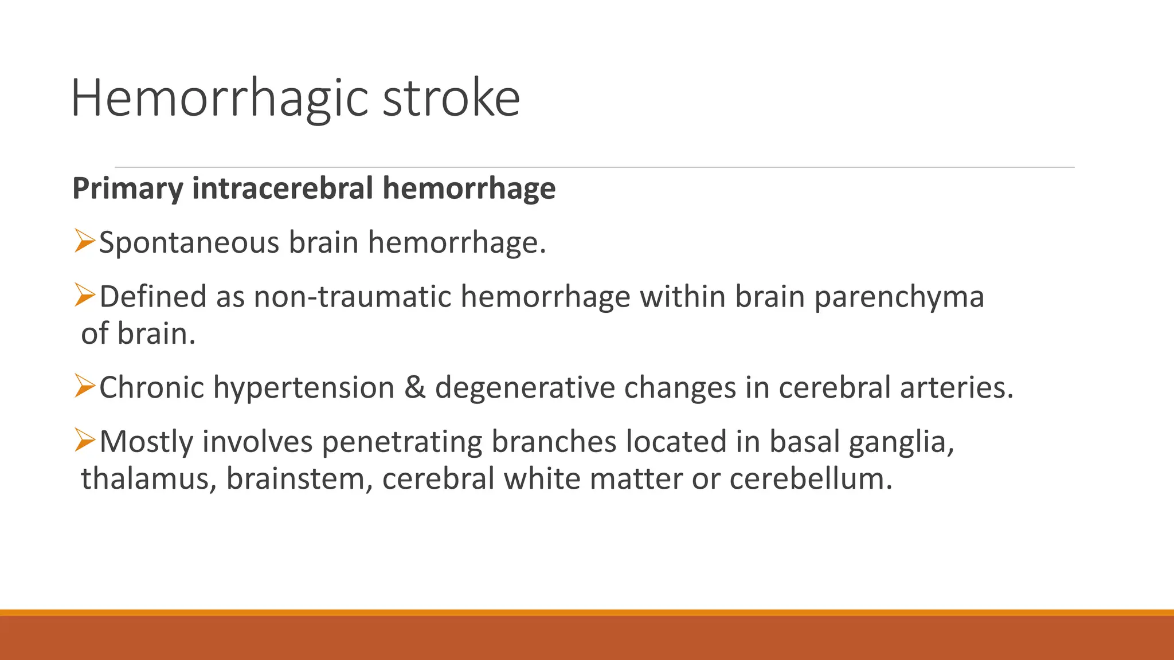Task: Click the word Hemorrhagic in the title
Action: [x=218, y=99]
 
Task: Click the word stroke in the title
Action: [x=451, y=99]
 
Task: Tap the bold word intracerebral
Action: [x=283, y=188]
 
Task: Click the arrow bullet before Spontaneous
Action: [x=84, y=241]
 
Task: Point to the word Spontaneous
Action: [x=189, y=242]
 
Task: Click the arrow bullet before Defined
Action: [x=84, y=295]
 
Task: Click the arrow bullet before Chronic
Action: [x=84, y=386]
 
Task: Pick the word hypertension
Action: [x=304, y=388]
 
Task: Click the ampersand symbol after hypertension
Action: [x=414, y=387]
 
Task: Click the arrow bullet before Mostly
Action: [x=84, y=440]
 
